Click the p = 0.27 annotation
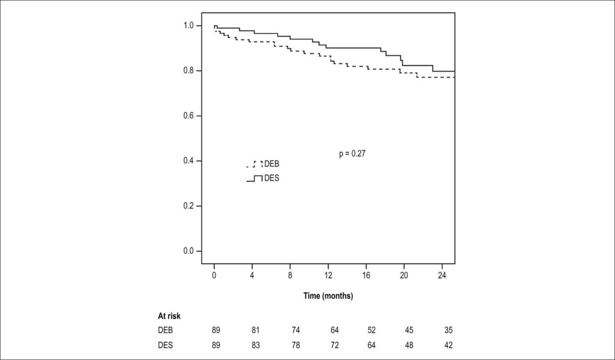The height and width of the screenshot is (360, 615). [x=352, y=154]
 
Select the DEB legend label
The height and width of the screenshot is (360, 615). [x=272, y=163]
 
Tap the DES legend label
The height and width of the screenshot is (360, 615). [x=272, y=178]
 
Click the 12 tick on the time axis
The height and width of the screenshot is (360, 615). [x=328, y=276]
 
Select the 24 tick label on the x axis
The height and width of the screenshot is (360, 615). [x=442, y=276]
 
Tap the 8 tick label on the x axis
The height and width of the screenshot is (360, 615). [x=290, y=276]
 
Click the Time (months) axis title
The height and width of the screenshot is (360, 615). [x=329, y=296]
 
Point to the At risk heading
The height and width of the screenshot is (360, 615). [x=169, y=316]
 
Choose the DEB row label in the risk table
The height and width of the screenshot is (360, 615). [x=165, y=331]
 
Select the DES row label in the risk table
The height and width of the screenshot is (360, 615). [x=165, y=346]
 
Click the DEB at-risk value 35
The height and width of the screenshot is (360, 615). [x=448, y=331]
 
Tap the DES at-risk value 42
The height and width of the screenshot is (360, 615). [x=448, y=346]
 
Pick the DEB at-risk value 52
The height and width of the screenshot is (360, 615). [x=371, y=331]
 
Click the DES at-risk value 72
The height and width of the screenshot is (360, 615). [x=334, y=346]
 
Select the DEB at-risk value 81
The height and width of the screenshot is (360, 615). [x=255, y=331]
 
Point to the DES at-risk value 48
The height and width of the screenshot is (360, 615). [x=409, y=346]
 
